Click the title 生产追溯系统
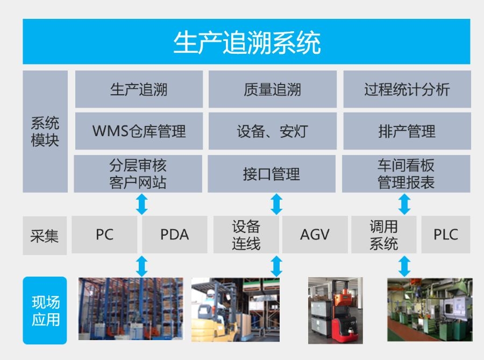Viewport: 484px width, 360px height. [246, 42]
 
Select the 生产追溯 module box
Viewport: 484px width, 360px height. [139, 89]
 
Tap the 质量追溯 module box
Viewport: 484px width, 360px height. [272, 89]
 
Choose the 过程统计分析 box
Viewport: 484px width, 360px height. [407, 89]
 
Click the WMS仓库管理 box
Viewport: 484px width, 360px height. [139, 131]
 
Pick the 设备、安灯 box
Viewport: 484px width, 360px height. [272, 131]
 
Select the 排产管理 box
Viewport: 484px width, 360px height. [407, 131]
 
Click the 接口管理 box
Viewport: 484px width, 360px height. [272, 174]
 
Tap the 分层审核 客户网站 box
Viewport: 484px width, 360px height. [138, 174]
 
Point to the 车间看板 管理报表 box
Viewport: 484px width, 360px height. [406, 174]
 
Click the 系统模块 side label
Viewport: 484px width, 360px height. [45, 131]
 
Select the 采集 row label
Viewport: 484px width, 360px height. [45, 235]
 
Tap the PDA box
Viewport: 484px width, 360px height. [175, 235]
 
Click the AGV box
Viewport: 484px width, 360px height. [315, 235]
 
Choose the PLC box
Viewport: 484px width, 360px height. [445, 235]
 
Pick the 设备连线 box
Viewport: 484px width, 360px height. [246, 235]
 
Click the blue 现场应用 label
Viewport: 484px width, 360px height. [45, 310]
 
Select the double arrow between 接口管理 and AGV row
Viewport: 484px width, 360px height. [276, 204]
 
